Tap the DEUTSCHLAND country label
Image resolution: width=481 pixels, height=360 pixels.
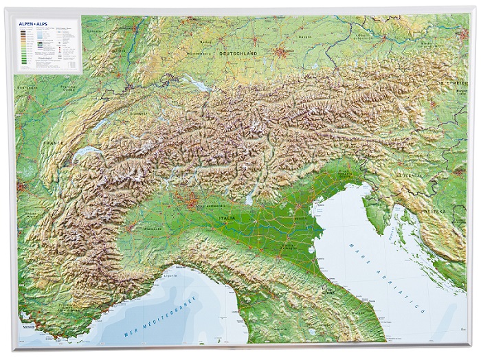pos(237,53)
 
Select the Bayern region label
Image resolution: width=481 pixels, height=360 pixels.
pos(305,28)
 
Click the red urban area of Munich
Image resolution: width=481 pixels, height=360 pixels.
pos(280,52)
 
